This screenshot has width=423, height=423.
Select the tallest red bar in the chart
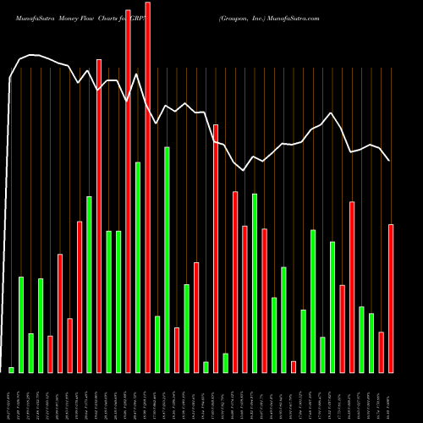(x=147, y=186)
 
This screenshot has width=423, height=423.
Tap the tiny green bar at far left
(x=11, y=370)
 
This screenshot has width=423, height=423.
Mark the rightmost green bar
(x=371, y=343)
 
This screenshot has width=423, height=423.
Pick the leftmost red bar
(x=50, y=354)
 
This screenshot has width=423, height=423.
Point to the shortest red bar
(x=294, y=366)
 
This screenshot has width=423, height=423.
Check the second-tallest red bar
(x=128, y=191)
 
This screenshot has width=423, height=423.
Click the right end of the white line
(x=389, y=160)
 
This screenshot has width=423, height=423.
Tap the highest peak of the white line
(x=30, y=55)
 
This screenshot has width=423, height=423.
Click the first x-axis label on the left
(x=11, y=398)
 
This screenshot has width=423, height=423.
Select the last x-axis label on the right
(x=391, y=398)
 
